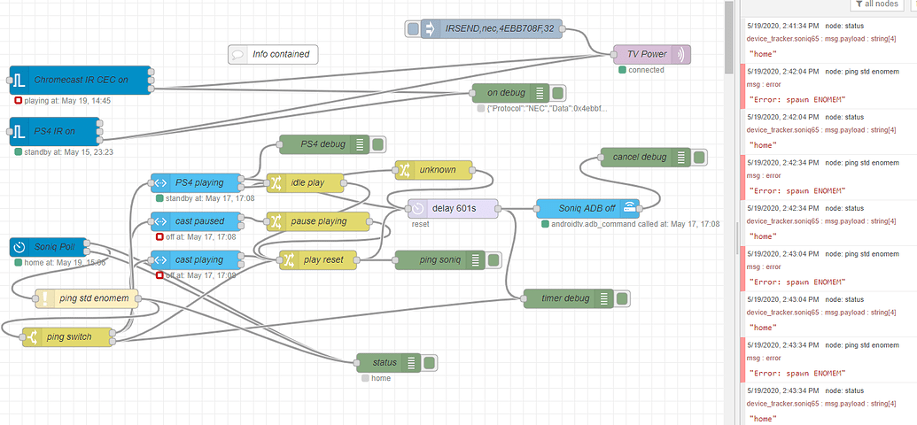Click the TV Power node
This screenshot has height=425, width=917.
(x=647, y=54)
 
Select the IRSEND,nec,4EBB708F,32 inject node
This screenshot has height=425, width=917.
(x=496, y=29)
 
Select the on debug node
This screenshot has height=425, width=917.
(x=506, y=93)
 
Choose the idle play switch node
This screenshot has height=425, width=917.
(x=306, y=183)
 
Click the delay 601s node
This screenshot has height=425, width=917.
(x=453, y=208)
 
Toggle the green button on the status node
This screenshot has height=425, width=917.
(x=429, y=362)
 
